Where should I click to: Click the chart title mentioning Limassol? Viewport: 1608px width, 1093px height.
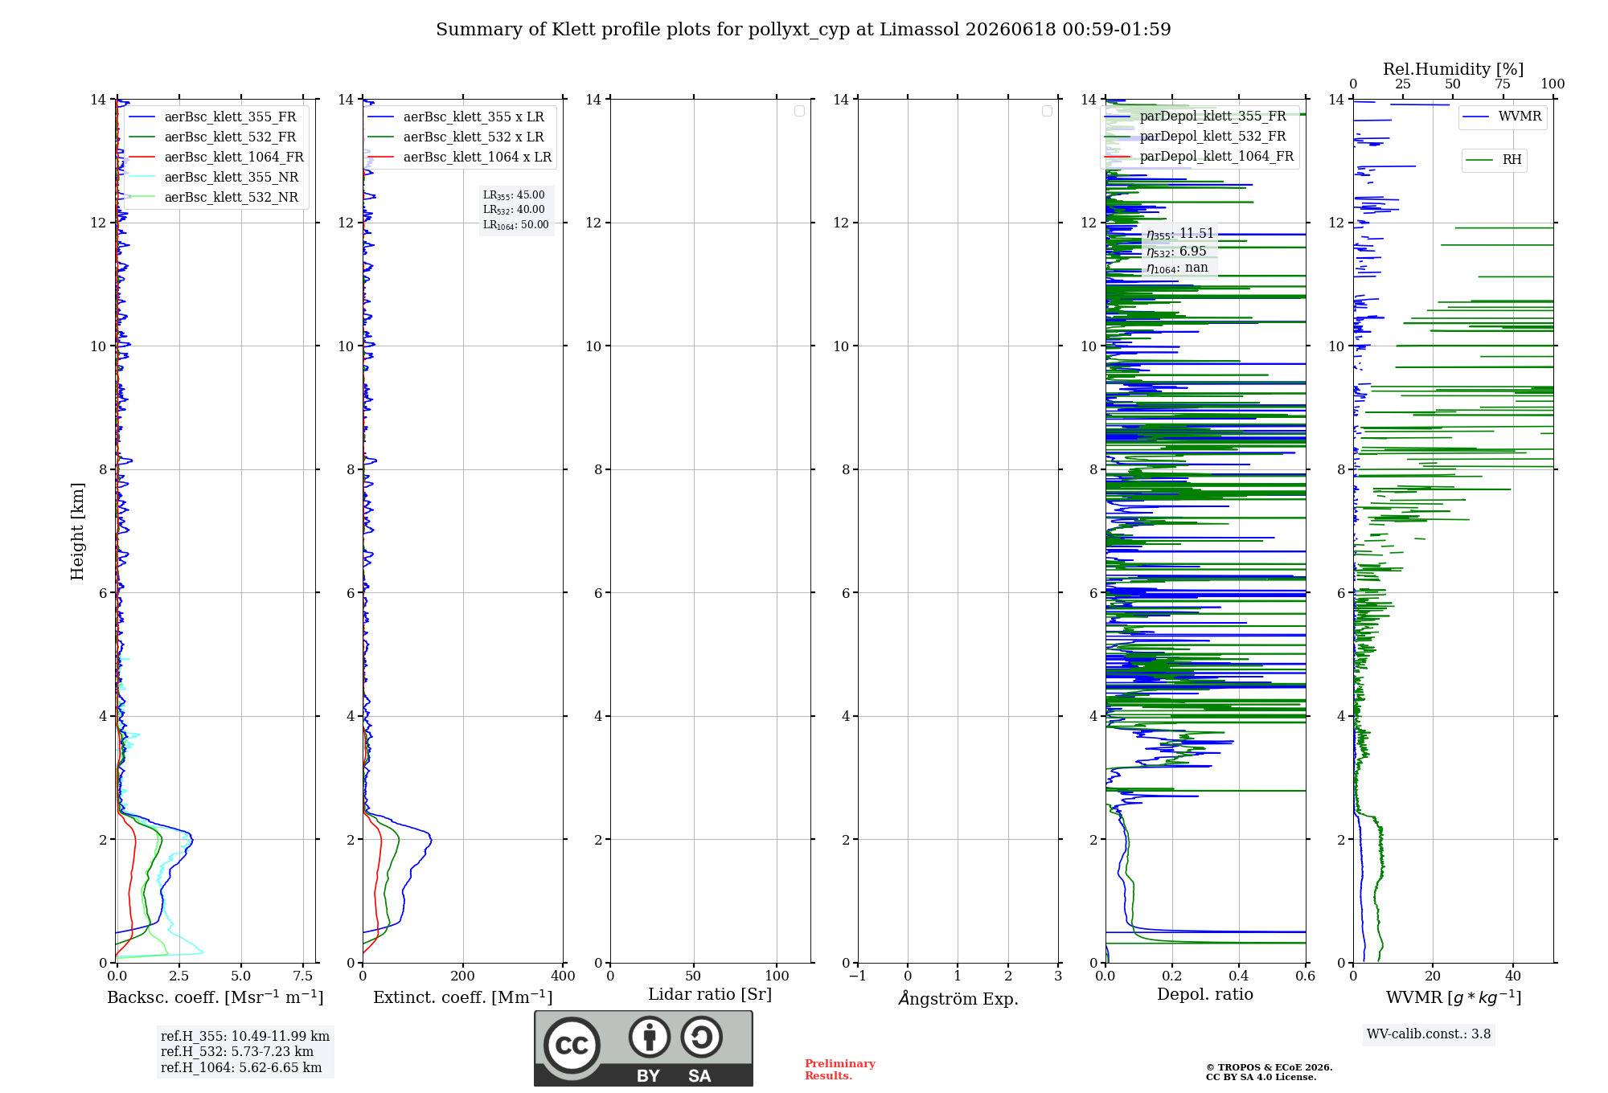click(x=803, y=30)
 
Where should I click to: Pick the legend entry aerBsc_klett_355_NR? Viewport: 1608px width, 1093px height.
click(x=214, y=177)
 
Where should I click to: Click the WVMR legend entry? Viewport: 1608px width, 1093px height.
click(x=1502, y=117)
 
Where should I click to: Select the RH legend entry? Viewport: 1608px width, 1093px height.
click(x=1494, y=160)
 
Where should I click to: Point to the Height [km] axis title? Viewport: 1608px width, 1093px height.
click(x=77, y=531)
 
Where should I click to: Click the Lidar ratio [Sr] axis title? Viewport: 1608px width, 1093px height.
click(x=710, y=994)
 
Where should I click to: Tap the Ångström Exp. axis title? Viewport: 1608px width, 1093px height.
click(x=958, y=998)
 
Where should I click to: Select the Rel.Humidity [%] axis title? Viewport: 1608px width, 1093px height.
click(x=1454, y=69)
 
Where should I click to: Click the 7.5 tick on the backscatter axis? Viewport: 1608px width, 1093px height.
click(x=303, y=976)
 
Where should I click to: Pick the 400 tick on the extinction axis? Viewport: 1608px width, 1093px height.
click(x=563, y=976)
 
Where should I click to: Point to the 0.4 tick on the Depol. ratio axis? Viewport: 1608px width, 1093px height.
click(x=1239, y=976)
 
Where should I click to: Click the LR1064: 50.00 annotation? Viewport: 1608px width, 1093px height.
click(x=516, y=225)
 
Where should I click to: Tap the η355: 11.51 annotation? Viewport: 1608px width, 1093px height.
click(x=1180, y=234)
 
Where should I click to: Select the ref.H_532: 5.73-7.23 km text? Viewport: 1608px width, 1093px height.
click(x=237, y=1051)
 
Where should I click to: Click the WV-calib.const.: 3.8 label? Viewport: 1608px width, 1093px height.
click(x=1429, y=1034)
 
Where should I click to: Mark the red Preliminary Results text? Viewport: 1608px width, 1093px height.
click(x=840, y=1070)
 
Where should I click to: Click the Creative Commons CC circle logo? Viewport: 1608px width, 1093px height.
click(x=572, y=1046)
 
